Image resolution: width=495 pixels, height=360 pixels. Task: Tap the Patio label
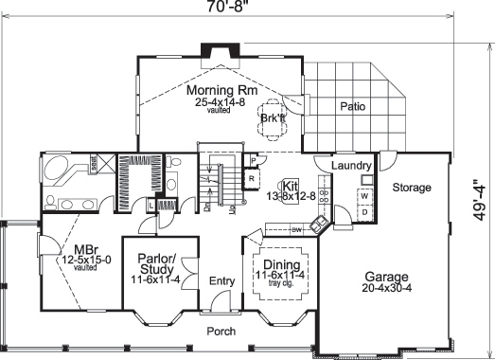(x=353, y=106)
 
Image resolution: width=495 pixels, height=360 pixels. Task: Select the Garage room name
(x=385, y=278)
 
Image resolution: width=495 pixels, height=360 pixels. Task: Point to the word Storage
(x=412, y=188)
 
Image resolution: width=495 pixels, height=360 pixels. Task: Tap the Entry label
(x=221, y=280)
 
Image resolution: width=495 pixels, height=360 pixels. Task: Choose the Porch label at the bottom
(x=221, y=331)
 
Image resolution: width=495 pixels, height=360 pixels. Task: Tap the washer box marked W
(x=363, y=196)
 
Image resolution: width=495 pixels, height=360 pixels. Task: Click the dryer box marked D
(x=363, y=214)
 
